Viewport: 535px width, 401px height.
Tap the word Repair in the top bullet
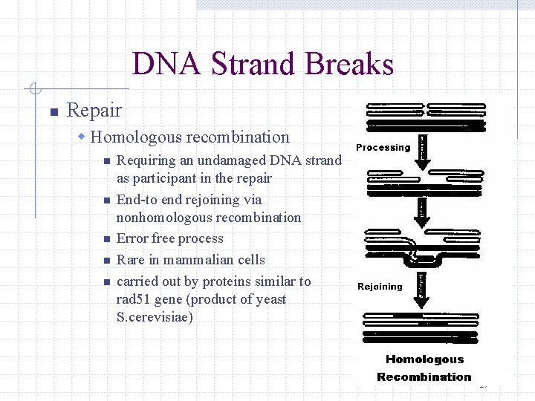pos(94,111)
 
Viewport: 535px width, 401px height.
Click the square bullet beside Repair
pos(53,112)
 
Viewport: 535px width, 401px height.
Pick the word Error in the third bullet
pos(132,238)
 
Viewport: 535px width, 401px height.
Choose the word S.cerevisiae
pos(155,317)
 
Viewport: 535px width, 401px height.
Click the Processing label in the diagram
pos(383,147)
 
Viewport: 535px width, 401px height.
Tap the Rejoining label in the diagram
pos(380,287)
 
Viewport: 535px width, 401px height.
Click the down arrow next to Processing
pos(422,149)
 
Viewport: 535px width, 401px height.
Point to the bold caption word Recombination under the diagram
pos(424,377)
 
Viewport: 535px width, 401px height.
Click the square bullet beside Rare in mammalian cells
pos(107,261)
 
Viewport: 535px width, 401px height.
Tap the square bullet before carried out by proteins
pos(107,282)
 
